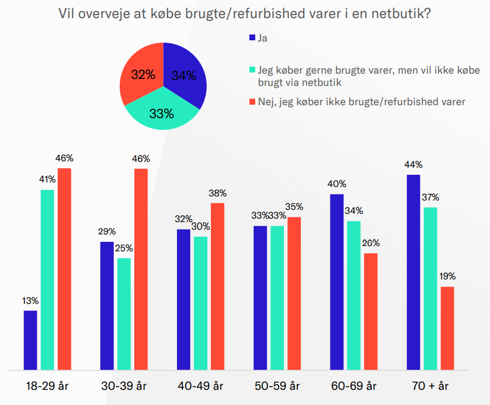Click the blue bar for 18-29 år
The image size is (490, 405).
pyautogui.click(x=30, y=340)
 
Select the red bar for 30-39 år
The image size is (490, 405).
pyautogui.click(x=141, y=269)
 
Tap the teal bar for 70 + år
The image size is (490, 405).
pyautogui.click(x=431, y=288)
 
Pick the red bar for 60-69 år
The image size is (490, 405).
pyautogui.click(x=371, y=311)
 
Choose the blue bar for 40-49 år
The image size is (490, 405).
pyautogui.click(x=183, y=299)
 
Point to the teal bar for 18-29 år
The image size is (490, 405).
pyautogui.click(x=47, y=279)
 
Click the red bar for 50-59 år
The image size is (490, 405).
pyautogui.click(x=294, y=293)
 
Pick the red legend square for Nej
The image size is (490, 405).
pyautogui.click(x=252, y=102)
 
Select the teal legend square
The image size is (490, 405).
pyautogui.click(x=252, y=70)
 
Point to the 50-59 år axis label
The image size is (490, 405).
pyautogui.click(x=277, y=386)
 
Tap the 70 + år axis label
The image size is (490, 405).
pyautogui.click(x=430, y=386)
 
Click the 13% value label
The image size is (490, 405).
pyautogui.click(x=30, y=301)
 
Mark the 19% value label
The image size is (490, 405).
pyautogui.click(x=447, y=276)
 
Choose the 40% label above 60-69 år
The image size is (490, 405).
pyautogui.click(x=337, y=184)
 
